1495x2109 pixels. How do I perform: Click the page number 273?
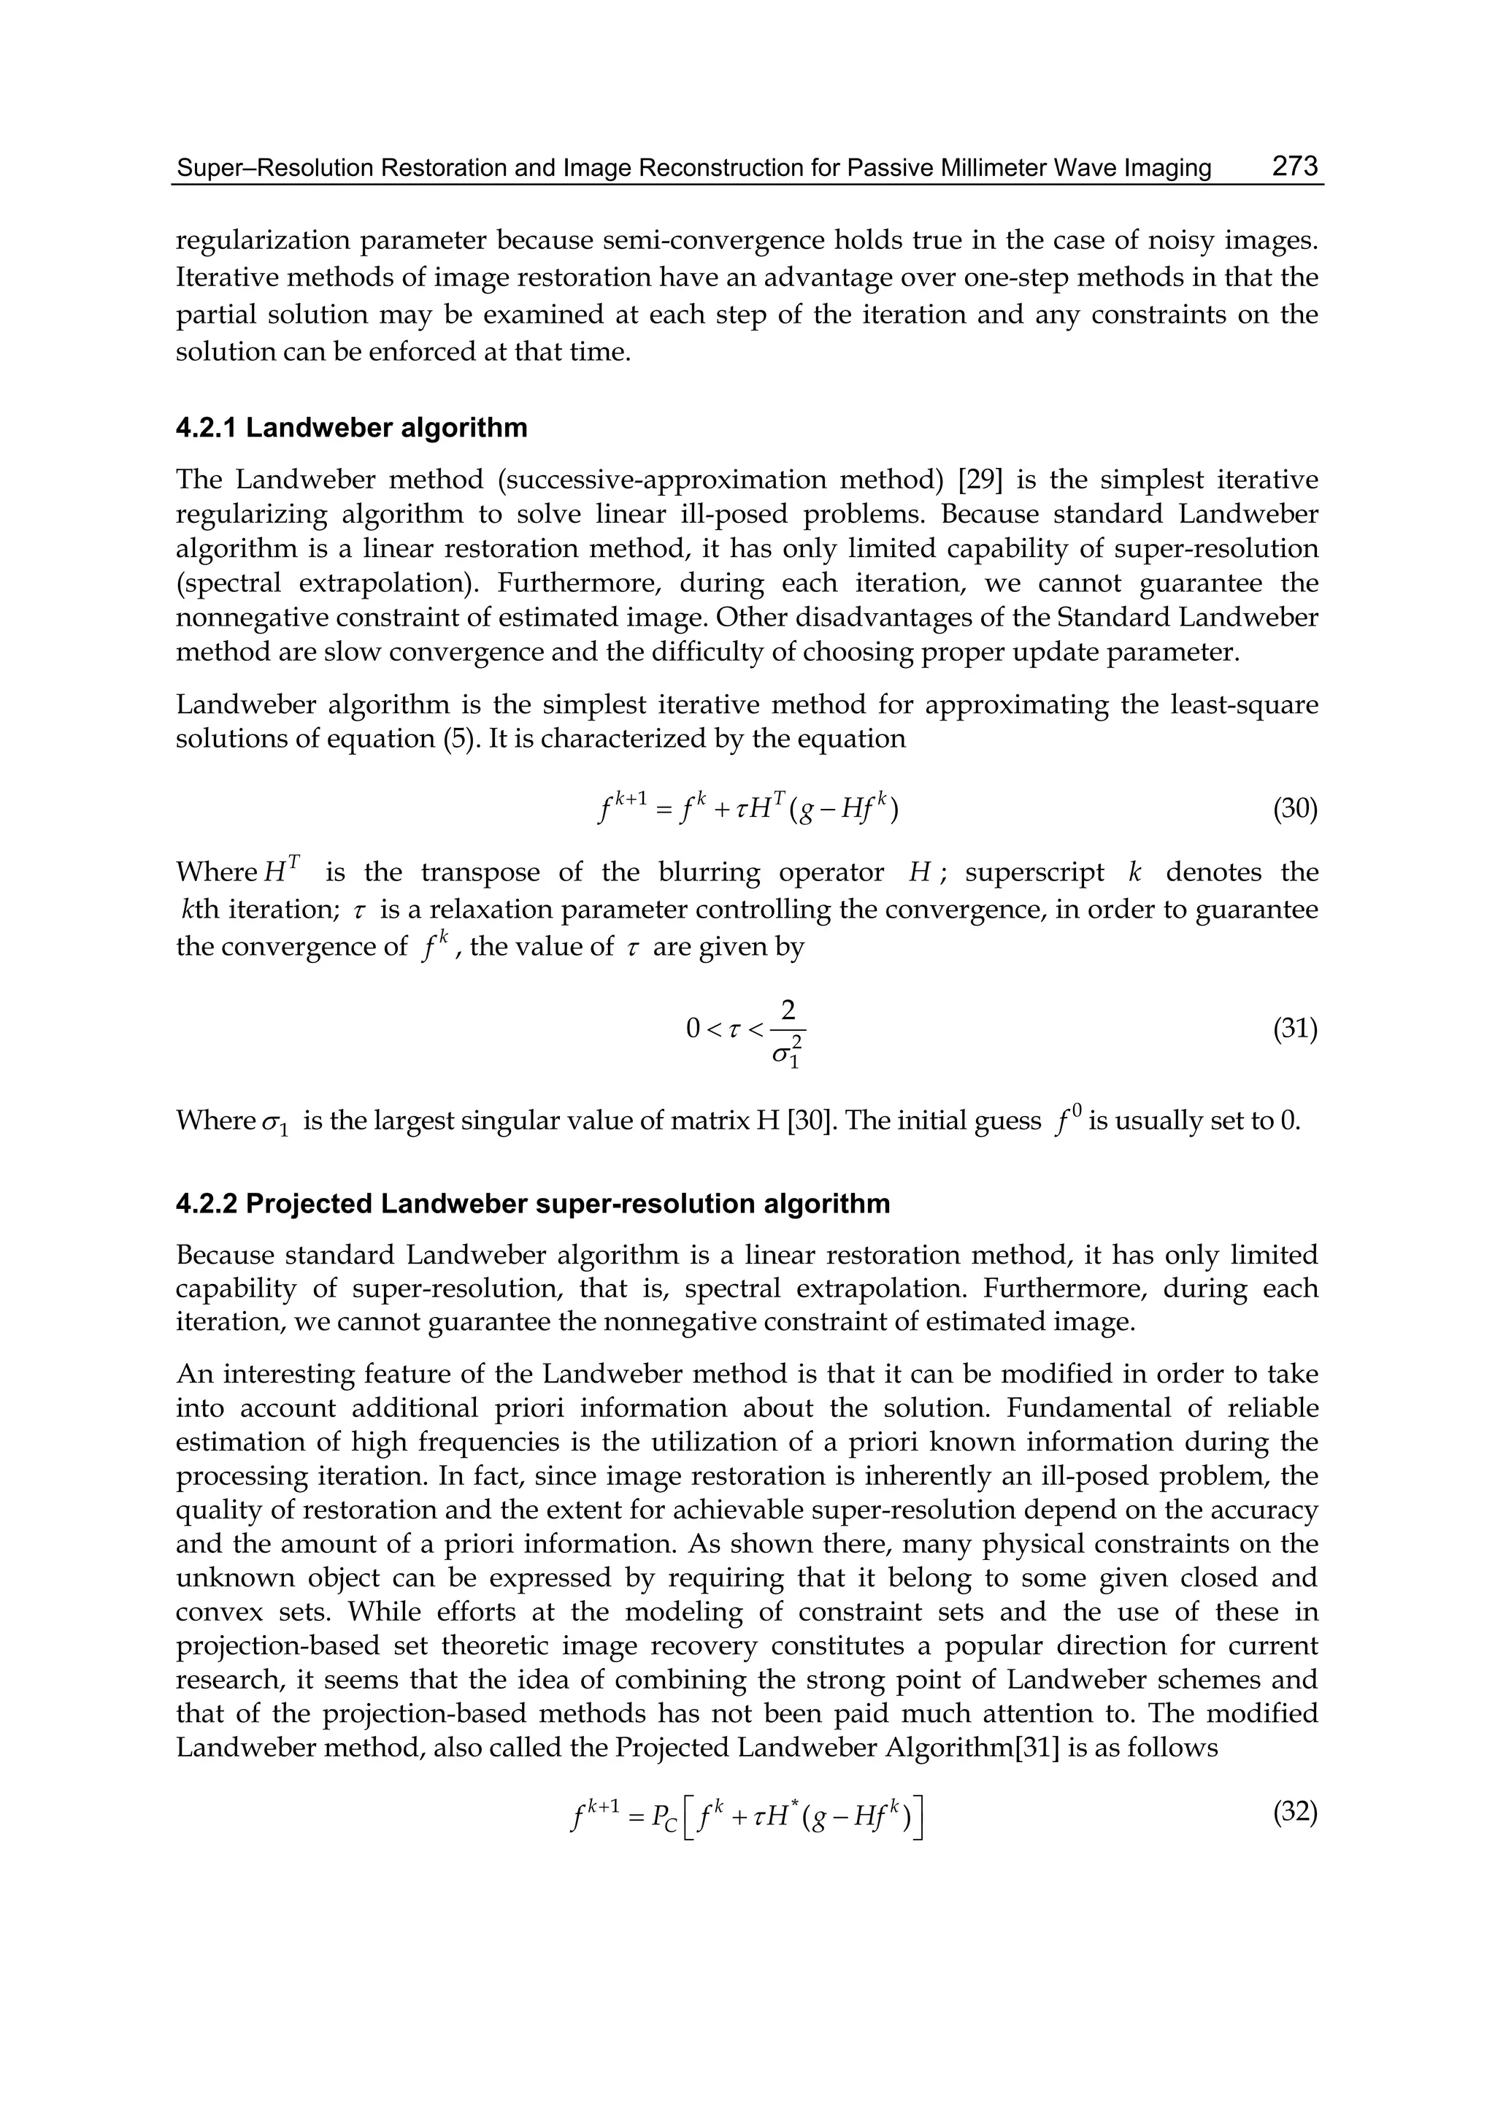point(1295,166)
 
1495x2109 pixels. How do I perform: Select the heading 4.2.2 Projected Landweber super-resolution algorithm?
point(532,1204)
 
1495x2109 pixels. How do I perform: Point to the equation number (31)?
point(1295,1029)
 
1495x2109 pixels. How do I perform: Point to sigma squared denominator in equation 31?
point(787,1051)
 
